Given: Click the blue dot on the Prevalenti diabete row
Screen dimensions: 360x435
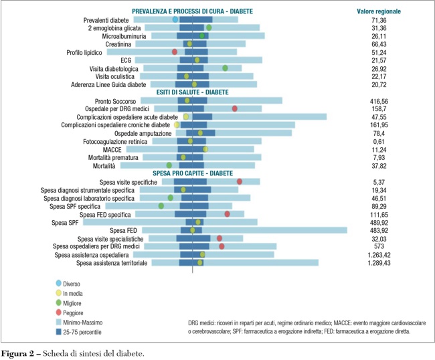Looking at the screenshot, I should point(175,20).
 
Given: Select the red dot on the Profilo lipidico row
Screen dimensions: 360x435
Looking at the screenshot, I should point(175,52).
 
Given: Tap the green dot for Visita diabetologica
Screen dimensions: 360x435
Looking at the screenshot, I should point(226,68).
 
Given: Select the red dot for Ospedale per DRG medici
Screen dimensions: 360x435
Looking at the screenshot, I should point(234,108).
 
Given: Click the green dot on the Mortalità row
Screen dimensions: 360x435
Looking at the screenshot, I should point(169,165).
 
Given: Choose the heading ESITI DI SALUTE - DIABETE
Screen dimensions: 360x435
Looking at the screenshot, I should point(192,92).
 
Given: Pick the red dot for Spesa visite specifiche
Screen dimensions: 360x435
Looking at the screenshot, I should point(239,181).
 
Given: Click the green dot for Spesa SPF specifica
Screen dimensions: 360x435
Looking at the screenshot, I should point(161,206).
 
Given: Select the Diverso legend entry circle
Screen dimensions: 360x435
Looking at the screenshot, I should point(59,284).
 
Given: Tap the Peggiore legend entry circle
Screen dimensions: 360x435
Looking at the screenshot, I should point(59,312).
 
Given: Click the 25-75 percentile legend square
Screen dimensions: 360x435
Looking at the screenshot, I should point(59,331).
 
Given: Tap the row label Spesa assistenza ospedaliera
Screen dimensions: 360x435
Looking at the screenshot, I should point(93,255).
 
